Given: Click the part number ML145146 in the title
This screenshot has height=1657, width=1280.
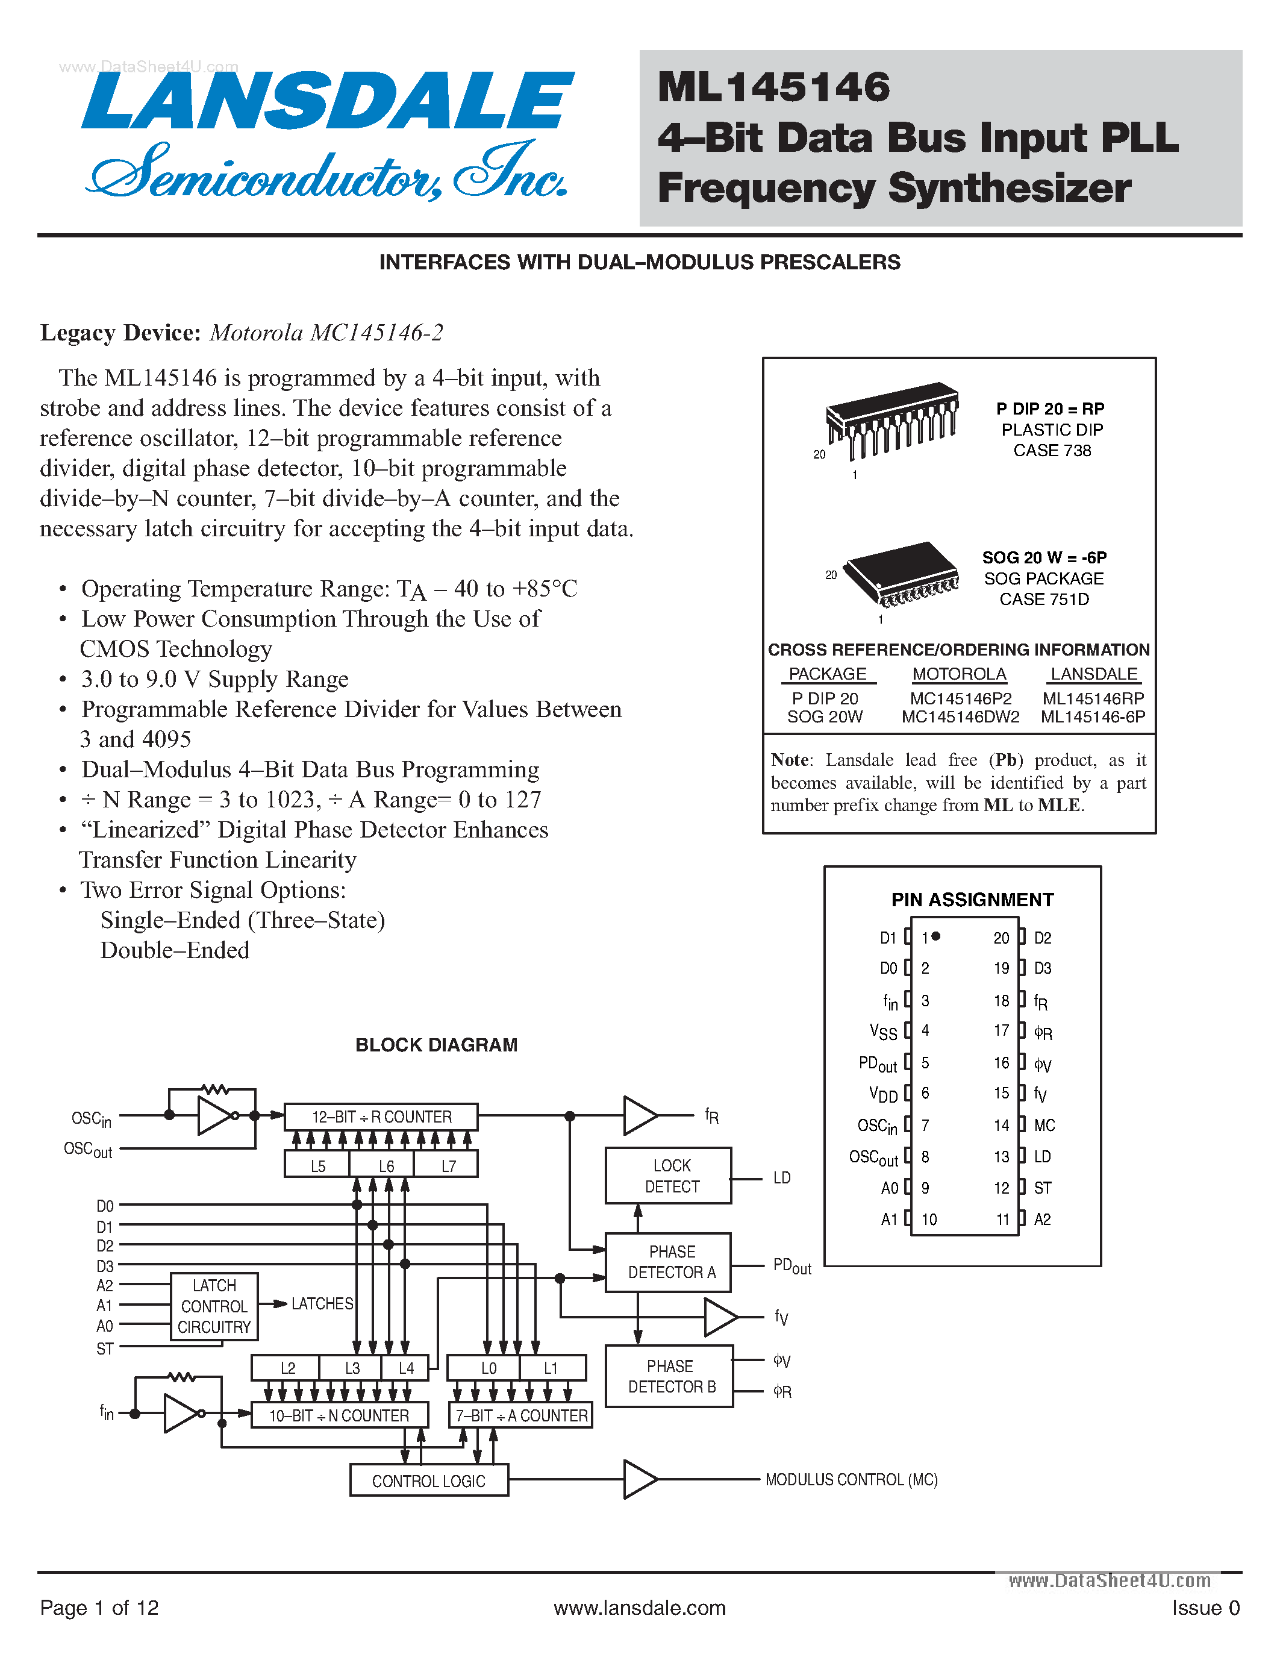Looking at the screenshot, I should [773, 87].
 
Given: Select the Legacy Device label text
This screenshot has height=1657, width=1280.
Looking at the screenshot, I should [120, 333].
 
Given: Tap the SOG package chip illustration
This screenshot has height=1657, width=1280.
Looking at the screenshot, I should [902, 574].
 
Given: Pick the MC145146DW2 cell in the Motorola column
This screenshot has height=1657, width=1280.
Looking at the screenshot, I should [960, 717].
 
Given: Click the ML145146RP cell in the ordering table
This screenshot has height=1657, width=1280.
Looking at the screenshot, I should [1093, 698].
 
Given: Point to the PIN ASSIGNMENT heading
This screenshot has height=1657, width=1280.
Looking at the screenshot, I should [972, 900].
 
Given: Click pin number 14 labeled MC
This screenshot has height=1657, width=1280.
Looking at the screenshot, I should [1002, 1125].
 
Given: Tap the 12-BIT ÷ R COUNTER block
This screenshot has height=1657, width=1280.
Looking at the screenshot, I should [381, 1117].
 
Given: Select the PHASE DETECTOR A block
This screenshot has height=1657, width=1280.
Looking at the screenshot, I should [668, 1262].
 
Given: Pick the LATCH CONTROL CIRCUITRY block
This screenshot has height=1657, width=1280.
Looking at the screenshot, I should [214, 1306].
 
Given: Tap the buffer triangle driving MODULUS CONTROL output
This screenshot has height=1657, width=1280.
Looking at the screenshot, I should [638, 1479].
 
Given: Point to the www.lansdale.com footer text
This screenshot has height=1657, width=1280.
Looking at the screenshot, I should [639, 1608].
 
